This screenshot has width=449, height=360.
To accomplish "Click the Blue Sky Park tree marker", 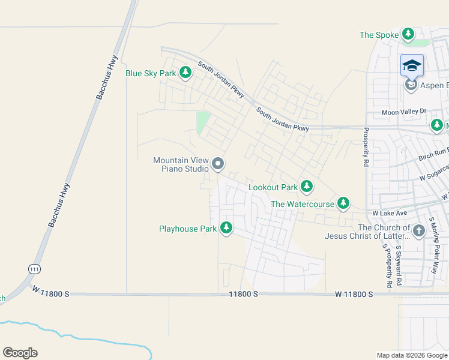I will [x=185, y=73].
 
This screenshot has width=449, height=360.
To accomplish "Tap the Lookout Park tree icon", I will [x=307, y=187].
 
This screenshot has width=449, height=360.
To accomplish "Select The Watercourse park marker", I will [x=343, y=203].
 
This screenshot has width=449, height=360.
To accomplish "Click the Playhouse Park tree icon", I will [x=226, y=228].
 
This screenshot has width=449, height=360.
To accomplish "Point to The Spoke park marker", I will [x=409, y=34].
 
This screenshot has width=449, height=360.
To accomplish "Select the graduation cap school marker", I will [x=412, y=65].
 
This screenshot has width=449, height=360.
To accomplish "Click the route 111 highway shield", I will [x=31, y=268].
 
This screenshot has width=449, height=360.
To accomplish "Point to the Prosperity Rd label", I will [x=366, y=146].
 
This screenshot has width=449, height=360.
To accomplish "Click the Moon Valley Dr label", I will [x=404, y=112].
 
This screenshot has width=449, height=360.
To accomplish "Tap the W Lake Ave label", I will [x=390, y=213].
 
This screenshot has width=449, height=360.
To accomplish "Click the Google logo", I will [x=20, y=353].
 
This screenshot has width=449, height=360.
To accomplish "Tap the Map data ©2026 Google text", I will [x=411, y=355].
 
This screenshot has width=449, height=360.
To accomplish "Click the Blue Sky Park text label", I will [x=151, y=74].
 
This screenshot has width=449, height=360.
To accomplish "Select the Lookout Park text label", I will [x=273, y=187].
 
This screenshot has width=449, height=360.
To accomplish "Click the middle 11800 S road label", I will [x=243, y=294].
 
